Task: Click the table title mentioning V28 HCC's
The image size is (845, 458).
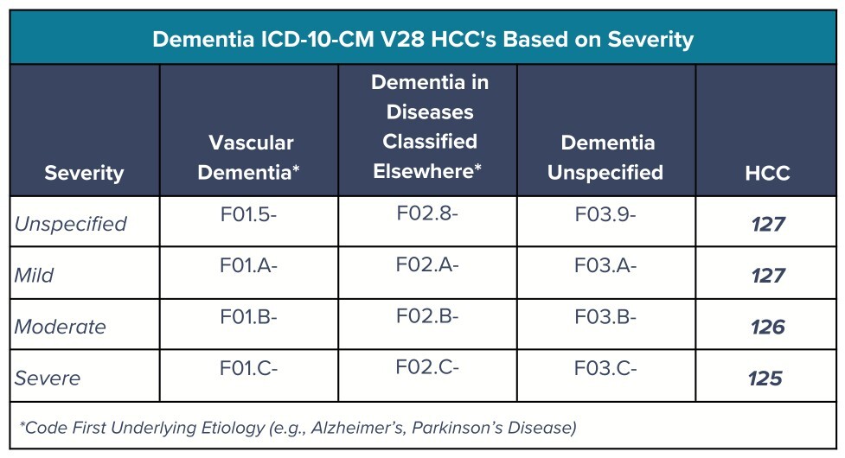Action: pos(423,39)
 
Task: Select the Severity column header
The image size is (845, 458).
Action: pos(84,173)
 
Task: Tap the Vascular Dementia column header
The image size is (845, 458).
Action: pos(249,157)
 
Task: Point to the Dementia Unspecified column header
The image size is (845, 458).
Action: pos(605,157)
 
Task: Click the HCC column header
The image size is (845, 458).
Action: pos(767,173)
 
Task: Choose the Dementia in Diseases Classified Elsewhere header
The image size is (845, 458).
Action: pos(429,126)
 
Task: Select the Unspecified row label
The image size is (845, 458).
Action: pos(71,224)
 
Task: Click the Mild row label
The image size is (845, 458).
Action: pos(34,275)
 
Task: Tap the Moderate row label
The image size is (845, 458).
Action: pos(61,327)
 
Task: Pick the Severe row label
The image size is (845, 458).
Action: pos(48,378)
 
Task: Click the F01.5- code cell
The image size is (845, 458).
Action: pos(248,214)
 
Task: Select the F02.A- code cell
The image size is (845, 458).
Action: pos(427,264)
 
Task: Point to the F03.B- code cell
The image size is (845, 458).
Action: pos(605,317)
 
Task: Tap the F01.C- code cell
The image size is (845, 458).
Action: pos(248,368)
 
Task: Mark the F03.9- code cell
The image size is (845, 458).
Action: pos(605,214)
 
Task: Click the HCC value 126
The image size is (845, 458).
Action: pos(768,328)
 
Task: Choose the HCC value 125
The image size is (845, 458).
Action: pos(765,378)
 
